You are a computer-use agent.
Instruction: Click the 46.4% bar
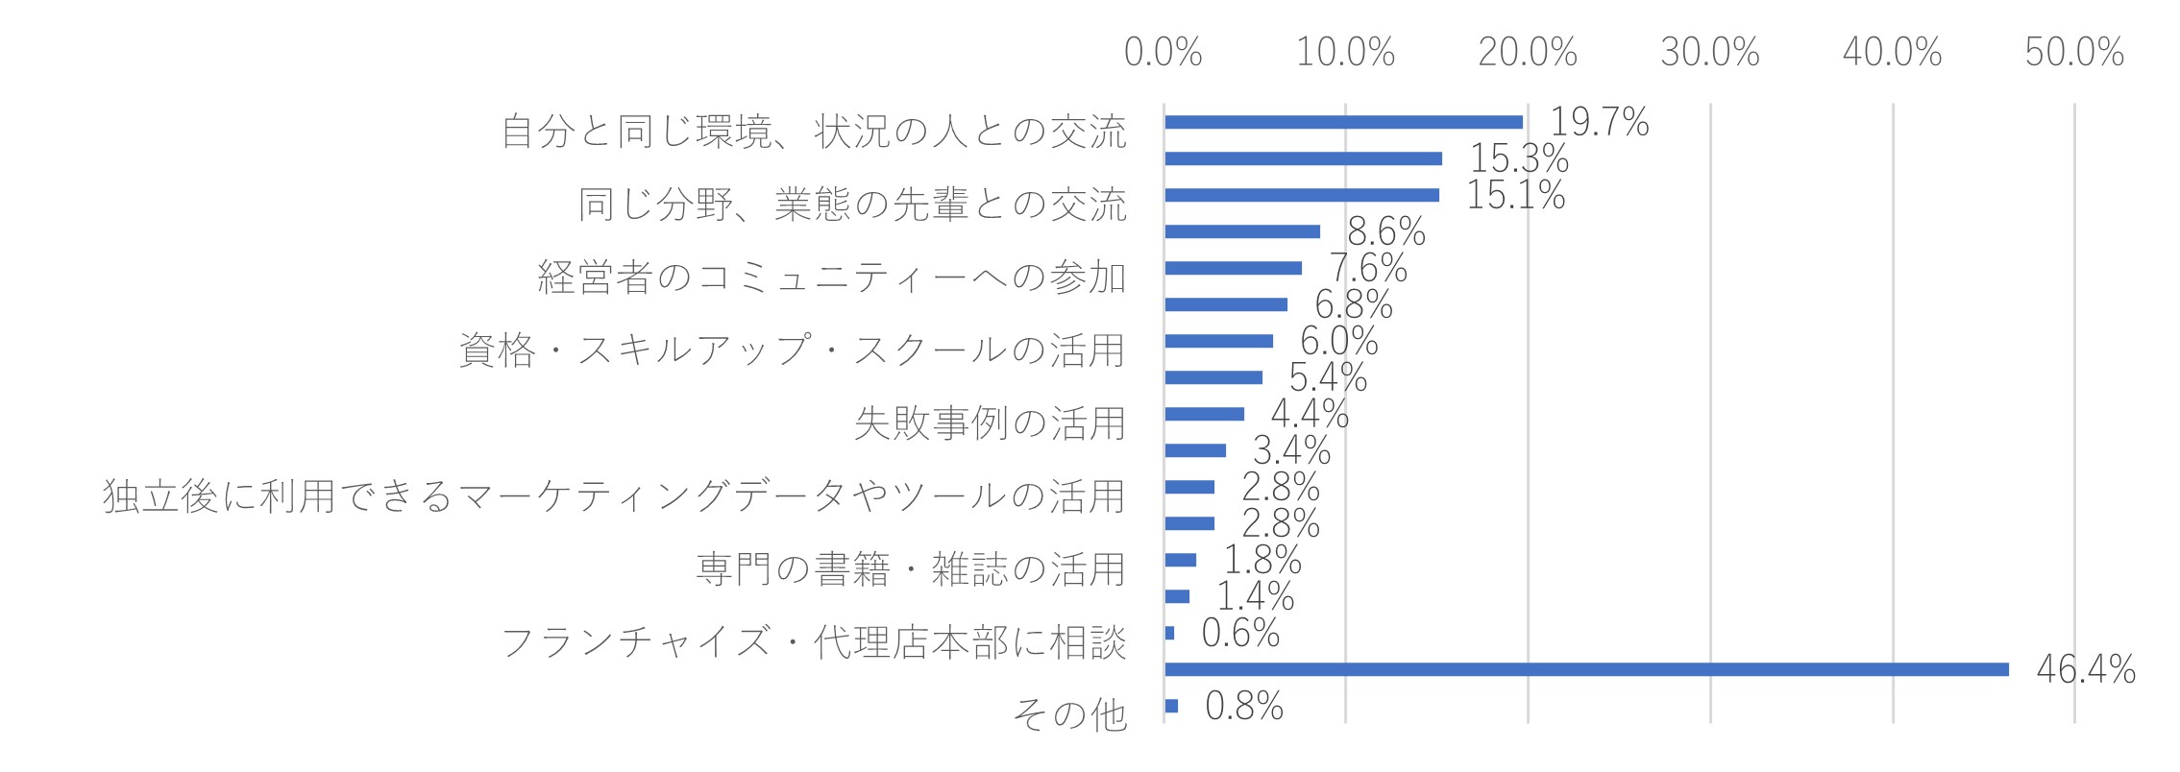click(1586, 669)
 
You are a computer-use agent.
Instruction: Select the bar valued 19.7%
click(1343, 122)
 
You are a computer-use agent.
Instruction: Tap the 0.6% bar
click(1169, 633)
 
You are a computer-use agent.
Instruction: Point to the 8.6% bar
click(1242, 231)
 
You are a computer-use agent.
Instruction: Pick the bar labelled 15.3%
click(1303, 158)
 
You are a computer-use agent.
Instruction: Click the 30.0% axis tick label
click(1710, 53)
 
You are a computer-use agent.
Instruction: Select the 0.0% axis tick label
click(1163, 53)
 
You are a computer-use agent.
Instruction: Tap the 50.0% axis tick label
click(2074, 53)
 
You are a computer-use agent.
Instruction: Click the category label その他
click(1070, 714)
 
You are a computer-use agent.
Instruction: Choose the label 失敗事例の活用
click(991, 422)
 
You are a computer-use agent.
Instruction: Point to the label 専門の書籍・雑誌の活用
click(911, 568)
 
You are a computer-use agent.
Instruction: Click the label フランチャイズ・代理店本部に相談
click(814, 641)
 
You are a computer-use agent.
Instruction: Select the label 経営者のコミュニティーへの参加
click(832, 277)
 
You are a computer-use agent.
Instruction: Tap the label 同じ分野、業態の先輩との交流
click(852, 204)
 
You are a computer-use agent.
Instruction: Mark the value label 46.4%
click(2086, 669)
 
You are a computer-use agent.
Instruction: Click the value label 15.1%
click(1516, 195)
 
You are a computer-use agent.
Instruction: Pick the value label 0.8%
click(1244, 706)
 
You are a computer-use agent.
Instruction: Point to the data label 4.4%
click(1310, 414)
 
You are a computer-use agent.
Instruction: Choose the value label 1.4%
click(1256, 596)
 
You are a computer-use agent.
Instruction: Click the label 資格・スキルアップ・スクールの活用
click(793, 350)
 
